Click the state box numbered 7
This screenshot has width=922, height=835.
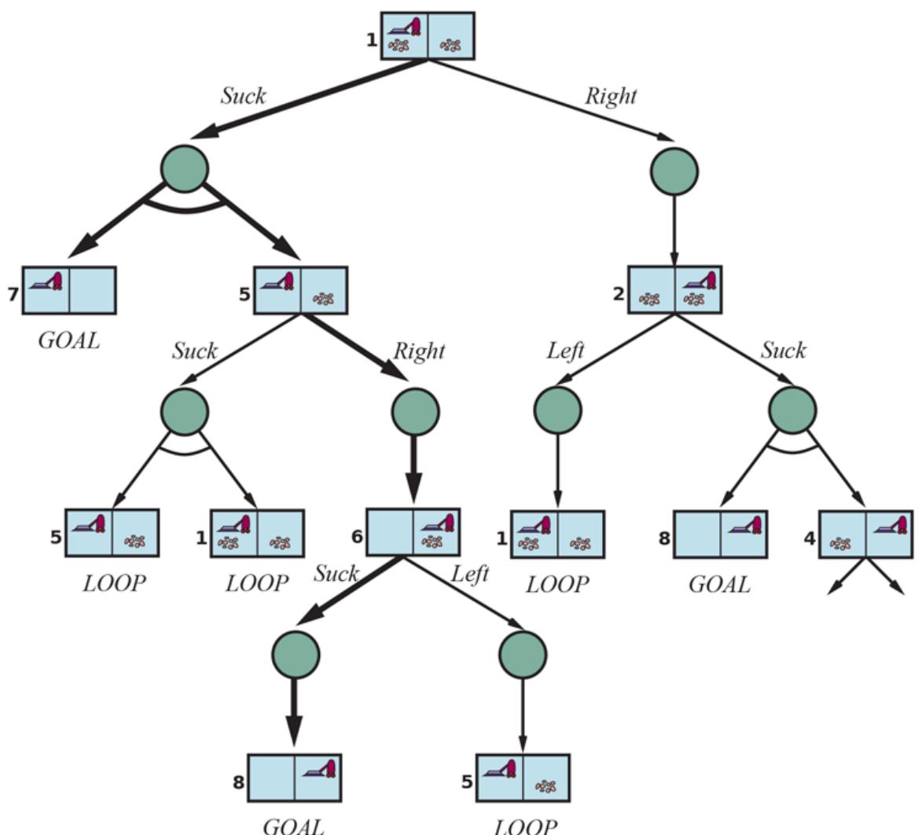(69, 290)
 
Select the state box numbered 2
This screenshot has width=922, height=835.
(674, 290)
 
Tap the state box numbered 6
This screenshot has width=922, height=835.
(413, 532)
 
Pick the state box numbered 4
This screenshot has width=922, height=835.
(866, 535)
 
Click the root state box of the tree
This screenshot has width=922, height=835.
(428, 35)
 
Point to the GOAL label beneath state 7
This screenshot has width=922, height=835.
(69, 340)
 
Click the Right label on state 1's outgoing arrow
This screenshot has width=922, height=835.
(611, 96)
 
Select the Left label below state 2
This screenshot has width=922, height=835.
(565, 351)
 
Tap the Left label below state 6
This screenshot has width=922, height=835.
(469, 574)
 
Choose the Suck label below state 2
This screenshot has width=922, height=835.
(783, 350)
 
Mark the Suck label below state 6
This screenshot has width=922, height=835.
(336, 573)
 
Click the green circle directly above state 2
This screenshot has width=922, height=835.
(674, 171)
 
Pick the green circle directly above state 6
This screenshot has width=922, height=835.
(414, 411)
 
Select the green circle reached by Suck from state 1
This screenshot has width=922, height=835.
(185, 168)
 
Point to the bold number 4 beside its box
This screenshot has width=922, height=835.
(810, 541)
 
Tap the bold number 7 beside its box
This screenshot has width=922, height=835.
(13, 296)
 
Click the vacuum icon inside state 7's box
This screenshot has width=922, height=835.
(46, 281)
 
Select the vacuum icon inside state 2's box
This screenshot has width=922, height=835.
(700, 281)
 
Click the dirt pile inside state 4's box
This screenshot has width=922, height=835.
(841, 543)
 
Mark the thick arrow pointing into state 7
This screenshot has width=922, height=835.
(102, 232)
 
